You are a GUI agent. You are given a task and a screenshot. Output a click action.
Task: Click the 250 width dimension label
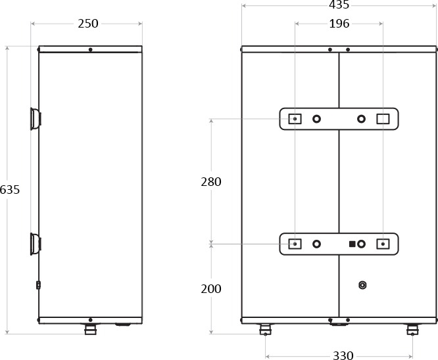[88, 24]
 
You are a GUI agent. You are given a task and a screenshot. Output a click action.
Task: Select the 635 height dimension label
[10, 190]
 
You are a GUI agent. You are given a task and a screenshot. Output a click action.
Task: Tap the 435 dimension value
[339, 5]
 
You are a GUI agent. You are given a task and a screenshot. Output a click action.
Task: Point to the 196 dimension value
[339, 24]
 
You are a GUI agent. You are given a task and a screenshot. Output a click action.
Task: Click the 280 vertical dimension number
[211, 182]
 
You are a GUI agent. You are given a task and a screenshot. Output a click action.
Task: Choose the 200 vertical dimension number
[211, 289]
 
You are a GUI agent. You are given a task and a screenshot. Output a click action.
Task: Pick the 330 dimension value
[343, 355]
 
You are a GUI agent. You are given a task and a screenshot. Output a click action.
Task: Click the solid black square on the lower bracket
[353, 244]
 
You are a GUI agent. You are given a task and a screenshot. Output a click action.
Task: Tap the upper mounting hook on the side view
[36, 119]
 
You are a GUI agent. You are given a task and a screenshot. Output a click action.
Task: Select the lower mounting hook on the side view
[36, 244]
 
